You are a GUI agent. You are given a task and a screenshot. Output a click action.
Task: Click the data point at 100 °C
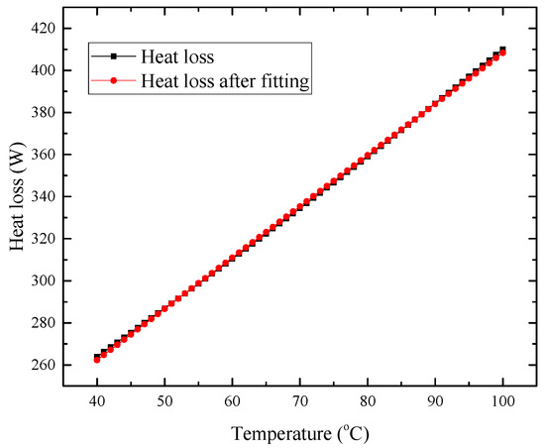point(502,51)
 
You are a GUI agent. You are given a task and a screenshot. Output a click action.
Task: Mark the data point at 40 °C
point(97,358)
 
